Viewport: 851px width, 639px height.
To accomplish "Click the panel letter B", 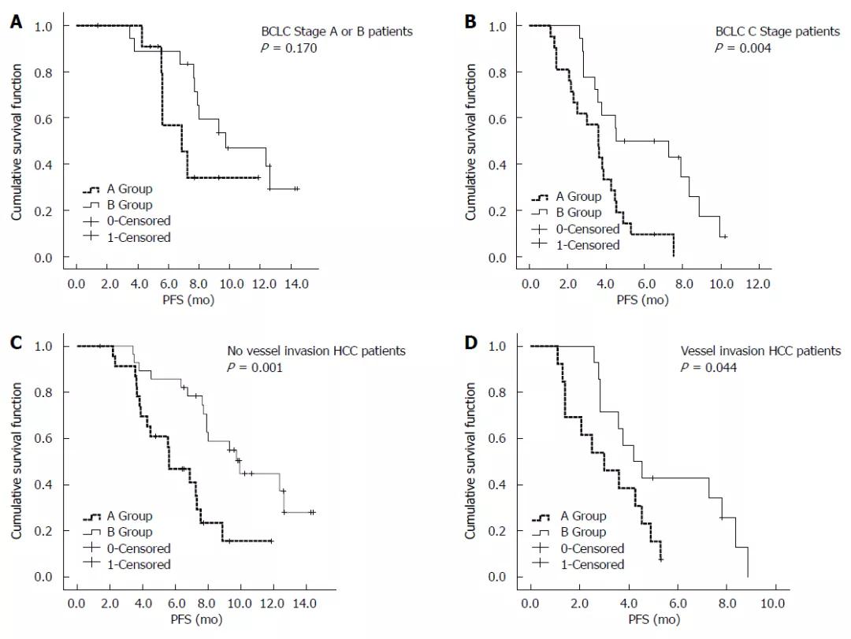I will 471,23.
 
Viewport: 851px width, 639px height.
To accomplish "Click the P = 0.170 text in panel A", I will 290,48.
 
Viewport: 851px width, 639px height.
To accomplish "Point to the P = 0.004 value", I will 743,48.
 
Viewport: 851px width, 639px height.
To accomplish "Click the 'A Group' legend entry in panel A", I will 129,189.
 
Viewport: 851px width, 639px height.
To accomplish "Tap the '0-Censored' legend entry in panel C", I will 139,548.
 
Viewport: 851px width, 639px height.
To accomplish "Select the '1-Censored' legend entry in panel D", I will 593,564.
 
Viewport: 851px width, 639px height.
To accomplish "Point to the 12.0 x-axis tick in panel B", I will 759,282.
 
